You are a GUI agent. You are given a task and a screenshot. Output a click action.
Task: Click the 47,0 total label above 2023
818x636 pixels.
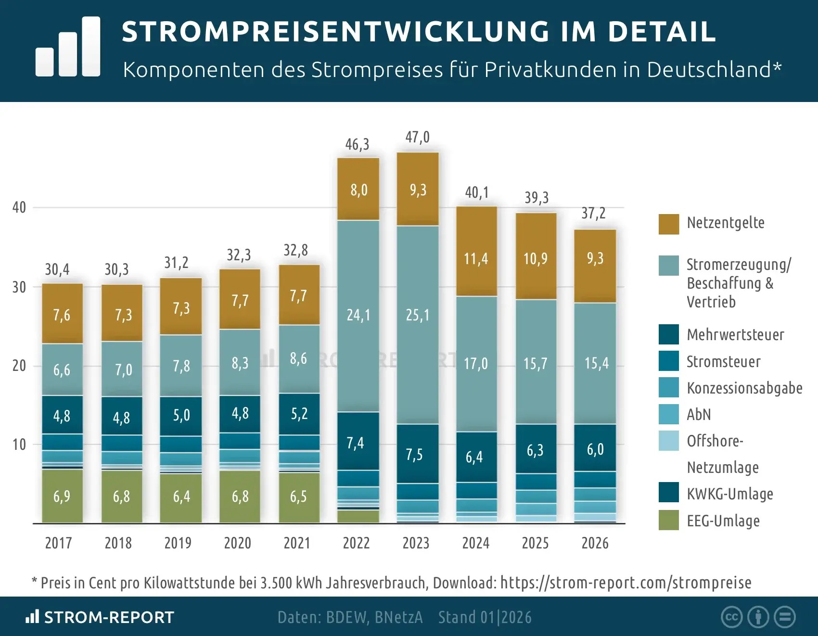coord(417,138)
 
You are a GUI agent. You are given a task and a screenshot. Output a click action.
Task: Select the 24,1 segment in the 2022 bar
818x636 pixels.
coord(358,315)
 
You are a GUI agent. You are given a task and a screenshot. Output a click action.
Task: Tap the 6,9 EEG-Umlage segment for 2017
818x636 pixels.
coord(62,496)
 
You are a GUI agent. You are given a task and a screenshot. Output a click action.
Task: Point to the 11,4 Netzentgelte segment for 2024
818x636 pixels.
coord(476,259)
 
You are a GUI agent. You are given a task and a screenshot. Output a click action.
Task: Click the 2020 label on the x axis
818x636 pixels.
coord(237,543)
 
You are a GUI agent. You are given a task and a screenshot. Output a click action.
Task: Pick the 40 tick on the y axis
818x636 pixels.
coord(19,207)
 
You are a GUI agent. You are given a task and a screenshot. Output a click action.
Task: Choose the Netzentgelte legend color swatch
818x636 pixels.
coord(668,224)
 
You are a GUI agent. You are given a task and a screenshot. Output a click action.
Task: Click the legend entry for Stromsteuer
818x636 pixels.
coord(723,362)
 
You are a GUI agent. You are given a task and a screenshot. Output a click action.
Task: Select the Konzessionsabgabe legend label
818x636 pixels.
coord(744,388)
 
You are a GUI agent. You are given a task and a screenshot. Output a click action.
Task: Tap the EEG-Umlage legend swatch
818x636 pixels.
coord(668,521)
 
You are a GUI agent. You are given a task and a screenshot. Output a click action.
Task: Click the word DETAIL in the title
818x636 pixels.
coord(662,32)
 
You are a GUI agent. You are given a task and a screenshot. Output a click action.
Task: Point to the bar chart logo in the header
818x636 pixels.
coord(68,47)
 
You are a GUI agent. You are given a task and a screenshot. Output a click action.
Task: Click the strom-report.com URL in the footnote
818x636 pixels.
coord(626,583)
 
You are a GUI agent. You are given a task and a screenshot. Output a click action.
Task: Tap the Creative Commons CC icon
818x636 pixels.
coord(731,617)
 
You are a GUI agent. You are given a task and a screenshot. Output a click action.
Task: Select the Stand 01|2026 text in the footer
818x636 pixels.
coord(485,617)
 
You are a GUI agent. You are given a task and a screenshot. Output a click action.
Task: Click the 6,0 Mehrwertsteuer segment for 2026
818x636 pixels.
coord(595,449)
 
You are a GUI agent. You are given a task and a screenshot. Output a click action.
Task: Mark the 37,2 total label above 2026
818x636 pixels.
coord(593,213)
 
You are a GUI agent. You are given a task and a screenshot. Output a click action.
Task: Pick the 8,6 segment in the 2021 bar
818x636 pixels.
coord(298,358)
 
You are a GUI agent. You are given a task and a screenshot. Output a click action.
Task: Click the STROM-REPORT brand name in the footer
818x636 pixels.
coord(109,617)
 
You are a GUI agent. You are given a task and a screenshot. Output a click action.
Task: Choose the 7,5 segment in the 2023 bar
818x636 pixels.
coord(414,454)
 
